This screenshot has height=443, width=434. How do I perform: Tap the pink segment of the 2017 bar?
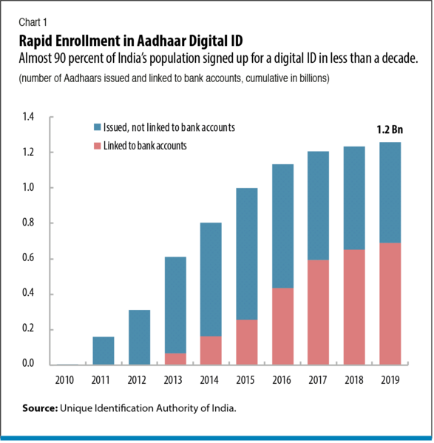[x=319, y=311]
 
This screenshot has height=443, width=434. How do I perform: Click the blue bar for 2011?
[x=104, y=351]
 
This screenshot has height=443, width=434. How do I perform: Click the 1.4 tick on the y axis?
[x=29, y=117]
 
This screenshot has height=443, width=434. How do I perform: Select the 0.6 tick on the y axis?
[x=29, y=259]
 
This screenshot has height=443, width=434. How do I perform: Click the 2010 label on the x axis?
[x=65, y=380]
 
